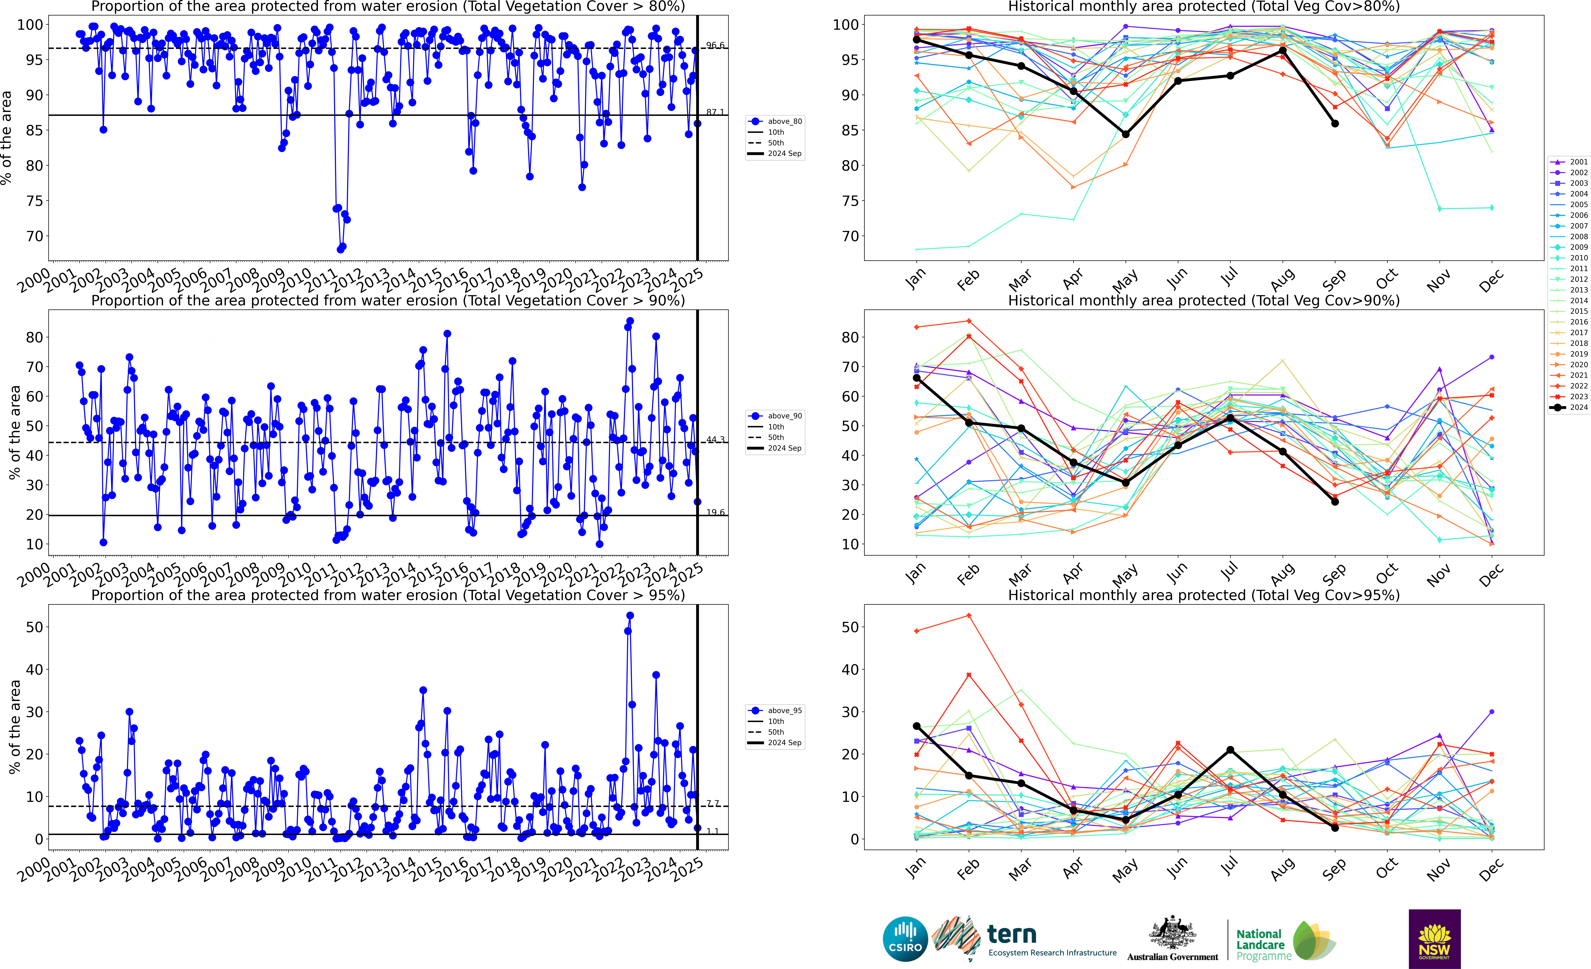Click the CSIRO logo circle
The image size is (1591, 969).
point(905,939)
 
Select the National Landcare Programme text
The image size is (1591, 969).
point(1264,944)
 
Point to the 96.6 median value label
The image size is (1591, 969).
point(715,45)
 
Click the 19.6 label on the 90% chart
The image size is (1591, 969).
point(715,512)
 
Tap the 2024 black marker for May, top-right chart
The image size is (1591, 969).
point(1125,134)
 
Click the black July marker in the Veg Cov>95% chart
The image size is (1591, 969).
point(1230,750)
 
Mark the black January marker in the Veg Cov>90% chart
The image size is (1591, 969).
point(916,378)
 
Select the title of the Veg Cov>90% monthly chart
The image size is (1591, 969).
point(1204,300)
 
